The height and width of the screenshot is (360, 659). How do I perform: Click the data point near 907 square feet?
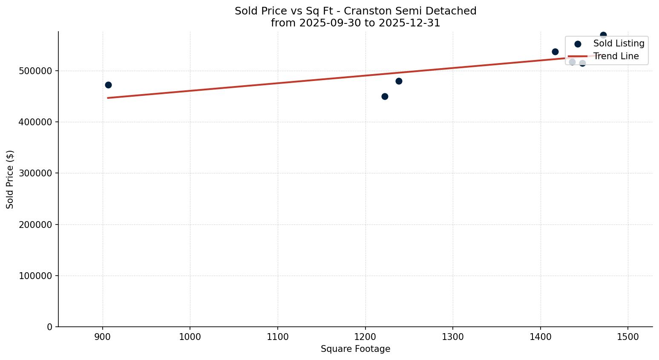coord(108,85)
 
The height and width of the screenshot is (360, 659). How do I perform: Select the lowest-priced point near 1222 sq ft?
coord(385,96)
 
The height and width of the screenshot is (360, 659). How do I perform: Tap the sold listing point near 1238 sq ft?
coord(399,81)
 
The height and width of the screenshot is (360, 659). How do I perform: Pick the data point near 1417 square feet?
coord(555,52)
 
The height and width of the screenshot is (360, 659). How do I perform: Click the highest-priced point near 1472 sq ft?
coord(603,35)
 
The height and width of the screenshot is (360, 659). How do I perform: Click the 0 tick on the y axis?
coord(50,327)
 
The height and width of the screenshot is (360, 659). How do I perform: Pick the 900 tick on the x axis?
coord(103,337)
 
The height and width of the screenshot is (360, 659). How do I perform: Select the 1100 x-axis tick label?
coord(278,337)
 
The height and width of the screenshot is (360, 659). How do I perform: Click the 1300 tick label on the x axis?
coord(453,337)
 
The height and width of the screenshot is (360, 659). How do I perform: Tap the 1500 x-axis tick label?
coord(628,337)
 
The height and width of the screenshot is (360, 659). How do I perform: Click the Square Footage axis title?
coord(355,349)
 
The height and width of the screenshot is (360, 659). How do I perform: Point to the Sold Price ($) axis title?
coord(10,179)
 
